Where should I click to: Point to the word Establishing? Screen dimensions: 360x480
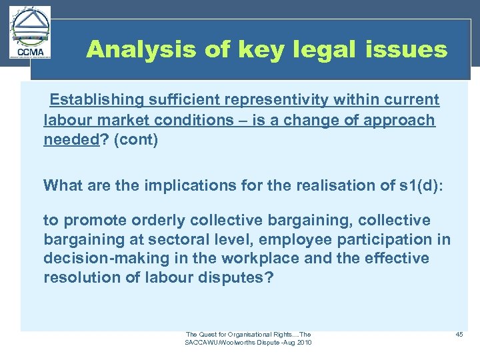tap(97, 100)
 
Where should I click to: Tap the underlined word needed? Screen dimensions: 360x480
tap(69, 141)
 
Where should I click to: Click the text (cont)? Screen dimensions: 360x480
tap(136, 141)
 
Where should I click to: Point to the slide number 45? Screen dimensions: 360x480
tap(459, 334)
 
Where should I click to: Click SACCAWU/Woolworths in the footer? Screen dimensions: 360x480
tap(224, 343)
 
